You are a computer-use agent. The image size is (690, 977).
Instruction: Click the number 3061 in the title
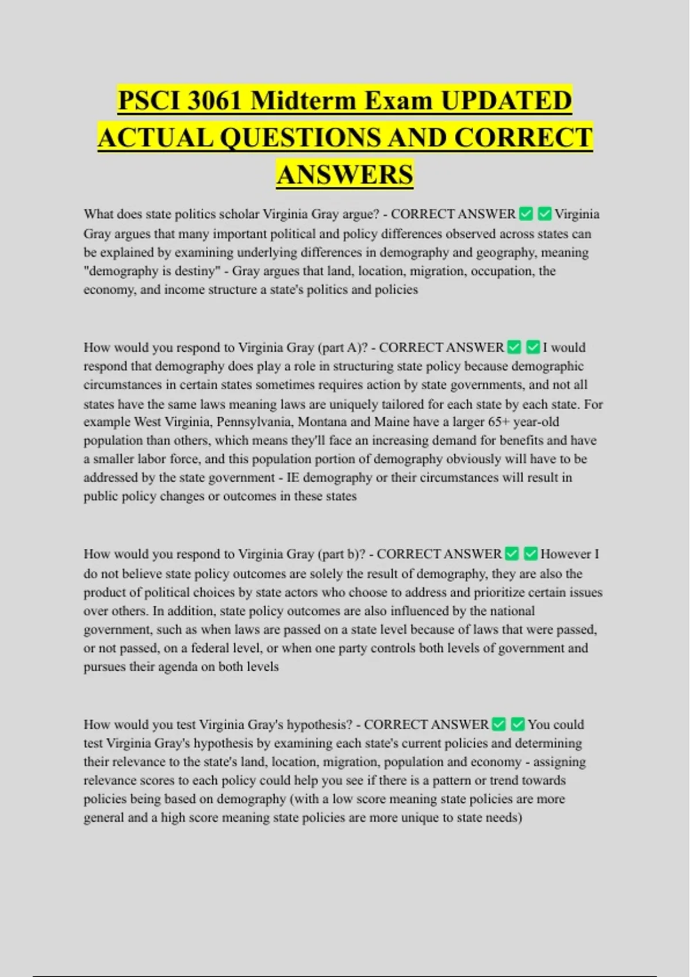pyautogui.click(x=214, y=101)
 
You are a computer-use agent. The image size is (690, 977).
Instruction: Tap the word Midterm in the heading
pyautogui.click(x=304, y=101)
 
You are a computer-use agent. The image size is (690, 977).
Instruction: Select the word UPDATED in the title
pyautogui.click(x=506, y=101)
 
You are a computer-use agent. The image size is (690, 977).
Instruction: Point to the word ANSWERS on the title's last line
pyautogui.click(x=344, y=175)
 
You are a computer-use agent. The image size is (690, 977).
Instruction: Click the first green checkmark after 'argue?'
pyautogui.click(x=526, y=214)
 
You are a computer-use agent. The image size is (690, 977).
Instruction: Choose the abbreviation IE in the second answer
pyautogui.click(x=293, y=478)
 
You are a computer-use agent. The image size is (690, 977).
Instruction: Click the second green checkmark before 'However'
pyautogui.click(x=531, y=554)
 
